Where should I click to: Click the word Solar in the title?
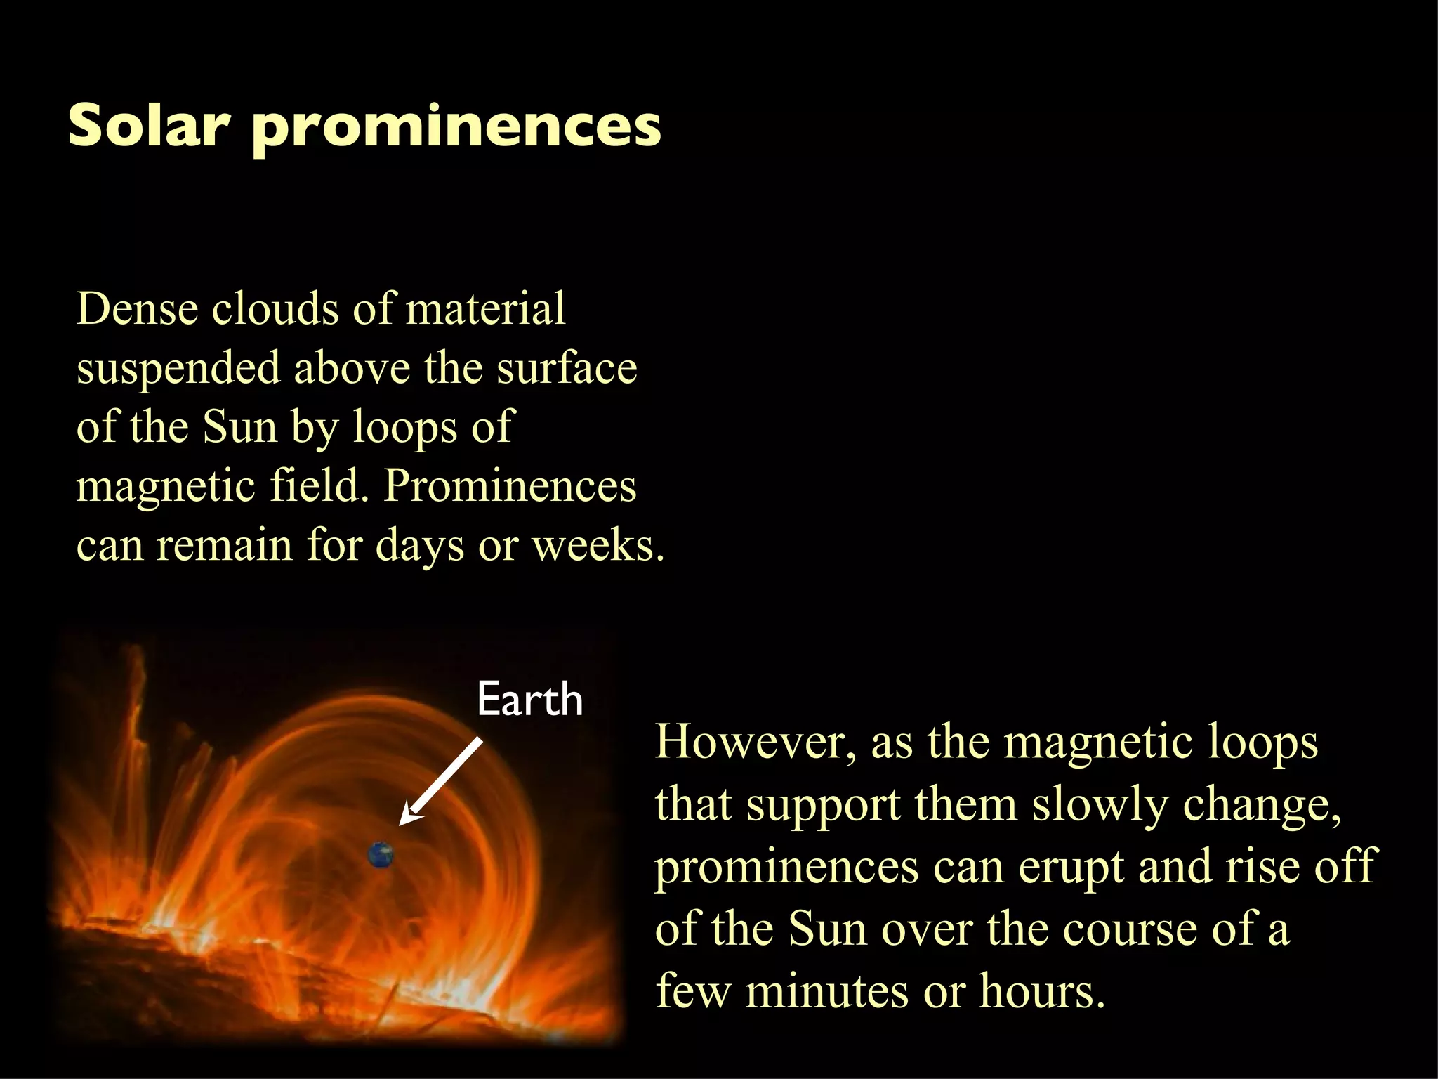[x=149, y=125]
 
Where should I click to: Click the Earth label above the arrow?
[x=529, y=700]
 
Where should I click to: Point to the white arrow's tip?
[x=402, y=821]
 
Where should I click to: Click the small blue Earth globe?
[x=381, y=855]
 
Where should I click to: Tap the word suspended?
[x=178, y=369]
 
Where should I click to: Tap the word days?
[x=419, y=546]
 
